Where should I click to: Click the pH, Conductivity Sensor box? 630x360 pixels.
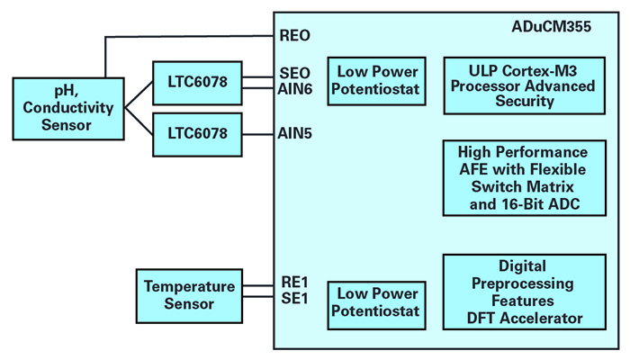coord(62,105)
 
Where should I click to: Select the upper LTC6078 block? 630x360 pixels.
coord(197,82)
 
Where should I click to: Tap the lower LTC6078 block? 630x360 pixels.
coord(197,133)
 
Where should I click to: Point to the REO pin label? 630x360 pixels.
coord(294,37)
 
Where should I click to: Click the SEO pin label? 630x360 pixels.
coord(294,74)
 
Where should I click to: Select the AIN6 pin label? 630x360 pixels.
coord(296,88)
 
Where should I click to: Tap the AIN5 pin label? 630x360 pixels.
coord(296,133)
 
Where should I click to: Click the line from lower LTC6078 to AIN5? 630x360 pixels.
coord(258,133)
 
